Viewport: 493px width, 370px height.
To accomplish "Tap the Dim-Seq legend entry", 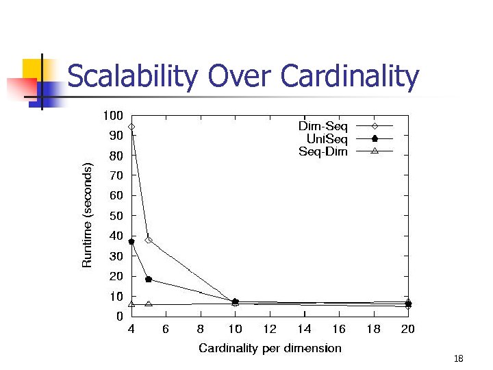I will [x=323, y=127].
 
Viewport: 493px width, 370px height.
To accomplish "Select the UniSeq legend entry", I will [x=327, y=139].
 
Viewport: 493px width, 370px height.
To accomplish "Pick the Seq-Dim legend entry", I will [x=323, y=151].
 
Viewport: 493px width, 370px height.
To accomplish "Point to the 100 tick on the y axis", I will [x=114, y=115].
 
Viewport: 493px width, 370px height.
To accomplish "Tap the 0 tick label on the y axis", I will [x=119, y=317].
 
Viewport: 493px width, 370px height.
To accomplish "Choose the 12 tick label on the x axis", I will [x=270, y=330].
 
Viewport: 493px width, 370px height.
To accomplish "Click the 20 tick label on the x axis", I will [x=408, y=330].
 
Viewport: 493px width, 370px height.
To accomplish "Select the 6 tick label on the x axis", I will [x=166, y=330].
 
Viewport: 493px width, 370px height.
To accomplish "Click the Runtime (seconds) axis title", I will [x=87, y=215].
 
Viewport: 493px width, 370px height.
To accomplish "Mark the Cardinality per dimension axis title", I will [x=270, y=348].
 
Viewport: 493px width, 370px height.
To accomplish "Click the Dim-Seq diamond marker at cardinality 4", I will [x=131, y=127].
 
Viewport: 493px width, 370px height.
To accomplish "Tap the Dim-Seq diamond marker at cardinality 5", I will [x=149, y=240].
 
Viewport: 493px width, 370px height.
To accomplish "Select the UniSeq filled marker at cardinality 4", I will [x=131, y=241].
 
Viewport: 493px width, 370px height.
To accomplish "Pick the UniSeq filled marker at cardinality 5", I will [x=149, y=280].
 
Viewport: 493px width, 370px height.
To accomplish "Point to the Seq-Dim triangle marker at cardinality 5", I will [x=149, y=304].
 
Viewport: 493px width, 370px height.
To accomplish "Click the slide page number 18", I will [x=459, y=359].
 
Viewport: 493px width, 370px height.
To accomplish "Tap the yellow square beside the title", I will [x=33, y=69].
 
